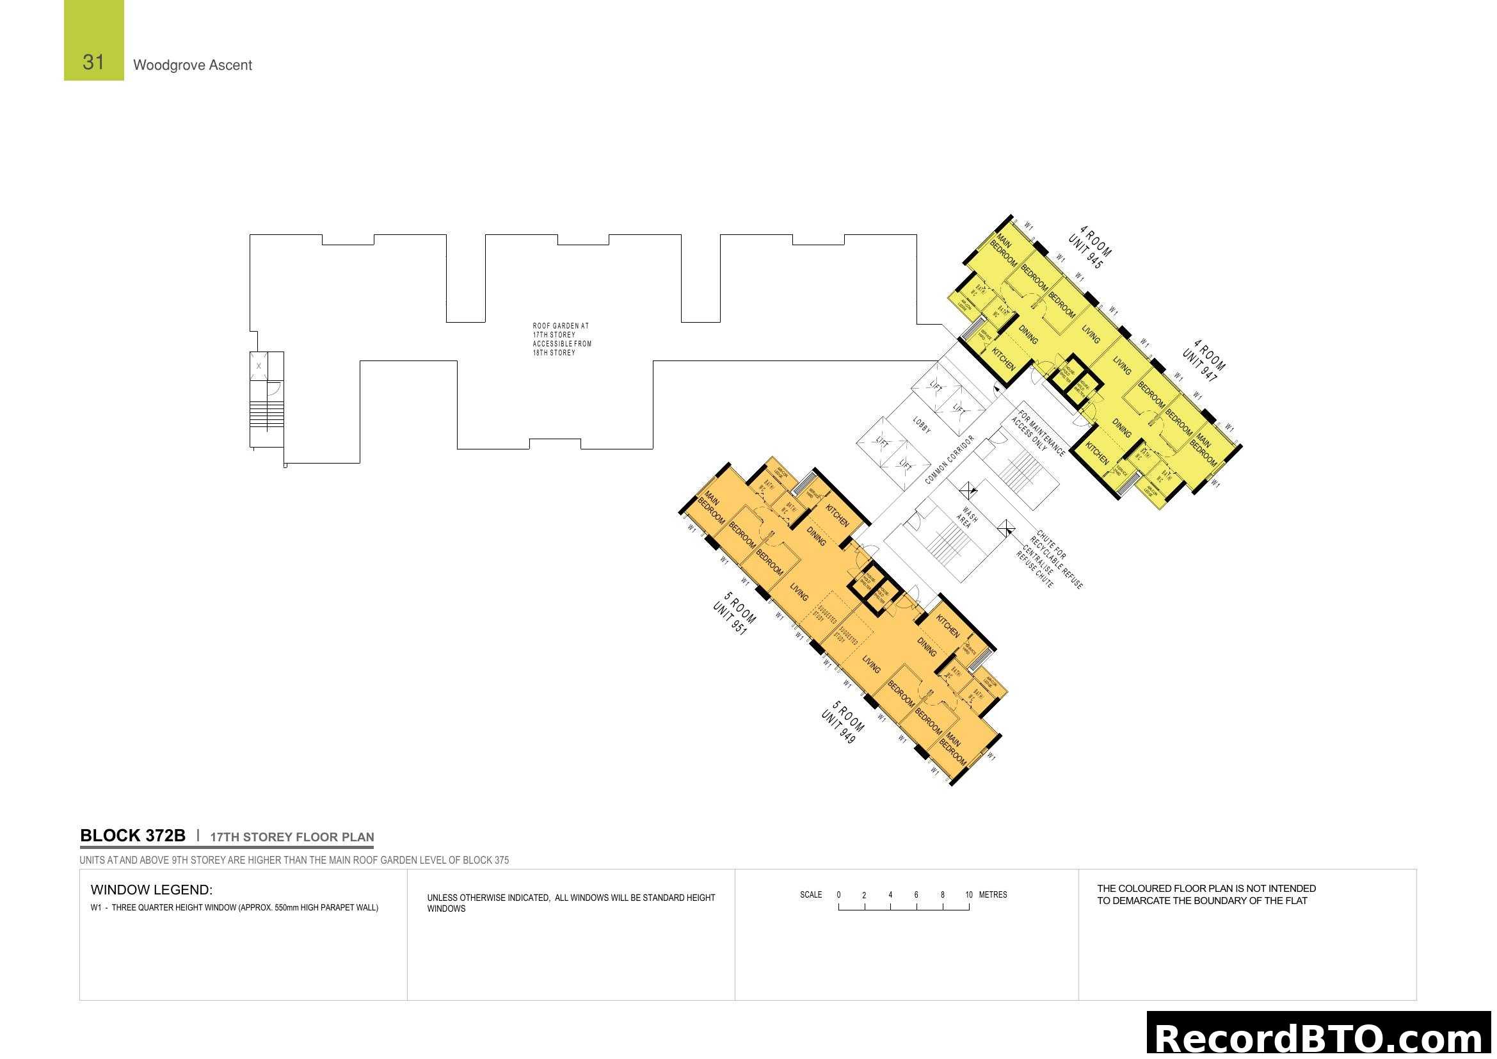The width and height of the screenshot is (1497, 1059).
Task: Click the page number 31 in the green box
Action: [x=93, y=62]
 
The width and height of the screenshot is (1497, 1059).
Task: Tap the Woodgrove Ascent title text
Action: [x=193, y=65]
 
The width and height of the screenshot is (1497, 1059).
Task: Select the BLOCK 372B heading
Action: [x=132, y=836]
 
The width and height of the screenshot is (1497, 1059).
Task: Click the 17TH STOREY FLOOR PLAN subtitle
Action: [x=292, y=837]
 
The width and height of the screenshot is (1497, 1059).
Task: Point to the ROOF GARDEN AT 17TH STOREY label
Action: [x=561, y=339]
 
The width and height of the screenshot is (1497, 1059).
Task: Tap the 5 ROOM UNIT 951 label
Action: [x=735, y=613]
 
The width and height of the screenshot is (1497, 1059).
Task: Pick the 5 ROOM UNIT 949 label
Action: [x=843, y=722]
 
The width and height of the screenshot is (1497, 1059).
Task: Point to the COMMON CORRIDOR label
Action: [x=949, y=460]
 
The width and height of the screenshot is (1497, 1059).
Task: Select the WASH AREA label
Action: [x=968, y=518]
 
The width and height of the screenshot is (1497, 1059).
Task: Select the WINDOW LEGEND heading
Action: [x=151, y=890]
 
